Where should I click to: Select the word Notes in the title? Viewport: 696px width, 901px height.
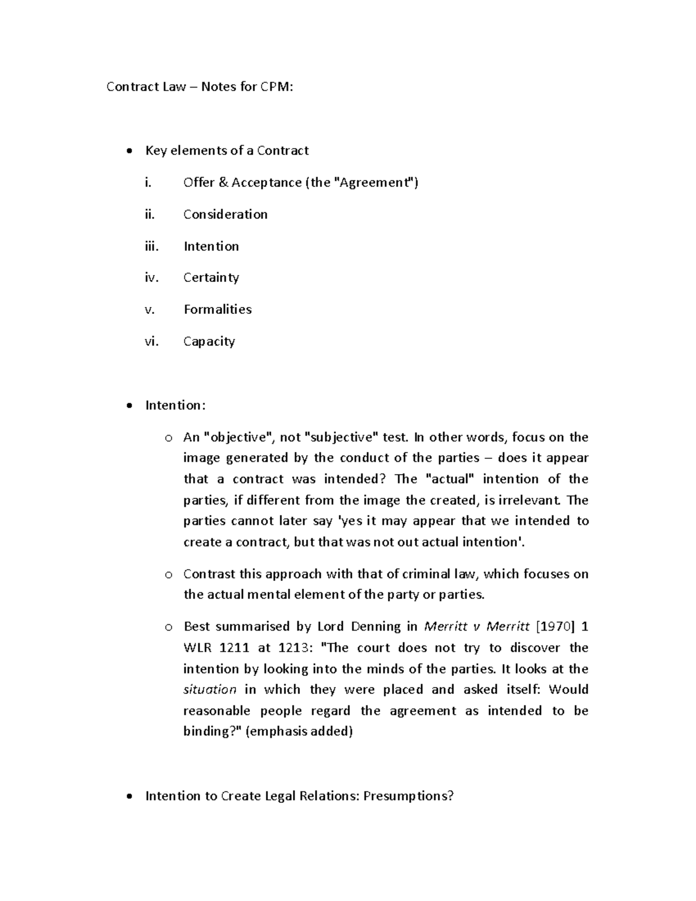[x=218, y=87]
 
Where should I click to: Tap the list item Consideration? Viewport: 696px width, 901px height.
[x=225, y=214]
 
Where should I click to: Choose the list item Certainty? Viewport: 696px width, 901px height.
[x=211, y=278]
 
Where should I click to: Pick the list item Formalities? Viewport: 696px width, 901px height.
[x=217, y=309]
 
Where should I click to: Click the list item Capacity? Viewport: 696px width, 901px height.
[x=209, y=341]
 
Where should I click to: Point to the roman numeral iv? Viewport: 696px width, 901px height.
[x=151, y=278]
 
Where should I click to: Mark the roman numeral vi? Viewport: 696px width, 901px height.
[x=151, y=341]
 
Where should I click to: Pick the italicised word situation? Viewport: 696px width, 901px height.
[x=209, y=690]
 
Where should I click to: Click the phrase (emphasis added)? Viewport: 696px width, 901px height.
[x=299, y=732]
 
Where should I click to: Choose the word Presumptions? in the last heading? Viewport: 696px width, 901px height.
[x=408, y=796]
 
